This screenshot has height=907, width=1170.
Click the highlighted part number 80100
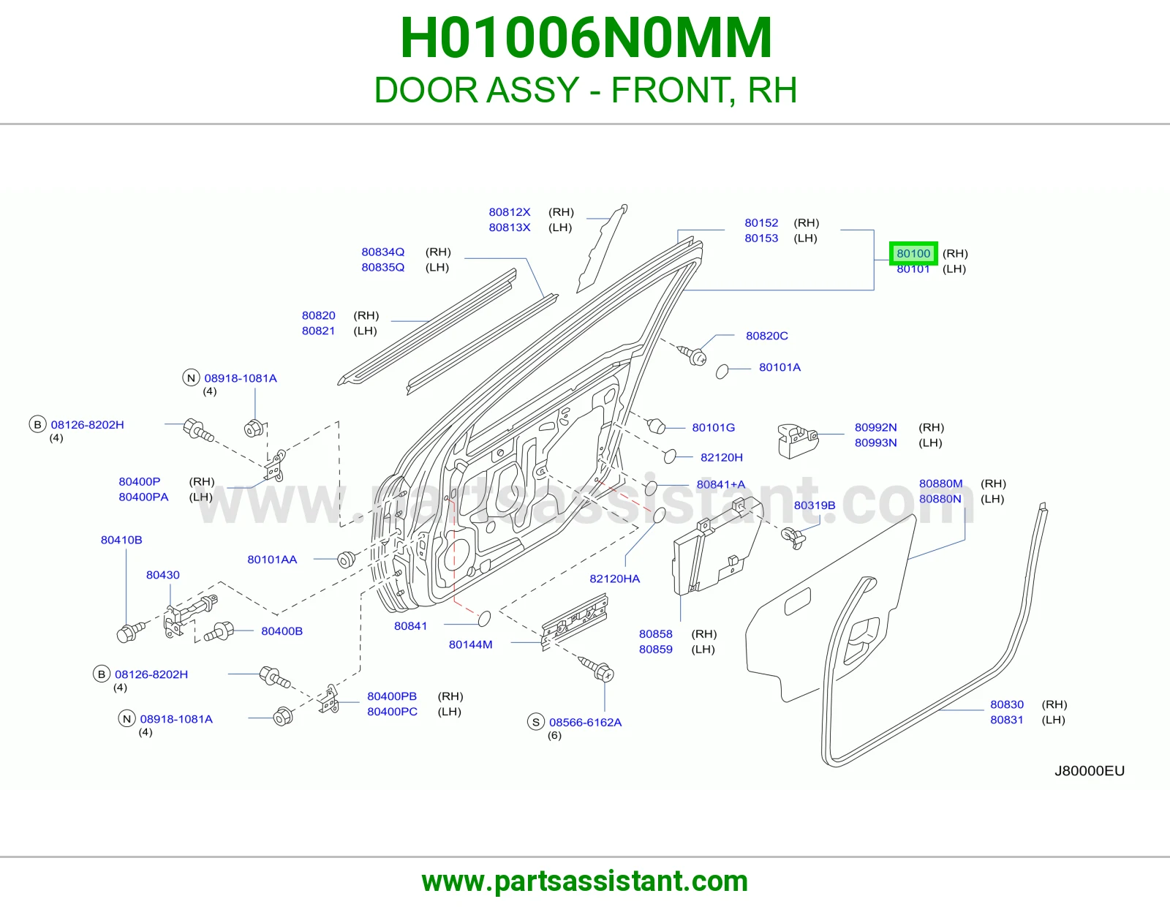913,253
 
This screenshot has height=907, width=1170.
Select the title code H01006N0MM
586,38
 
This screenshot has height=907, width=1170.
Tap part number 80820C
767,336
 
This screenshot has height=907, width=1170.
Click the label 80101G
714,427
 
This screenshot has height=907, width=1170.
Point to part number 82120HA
615,579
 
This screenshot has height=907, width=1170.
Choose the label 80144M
471,644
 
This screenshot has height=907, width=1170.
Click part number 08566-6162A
585,722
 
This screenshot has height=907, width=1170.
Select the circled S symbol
536,722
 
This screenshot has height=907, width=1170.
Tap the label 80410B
121,540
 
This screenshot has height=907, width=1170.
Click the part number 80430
162,575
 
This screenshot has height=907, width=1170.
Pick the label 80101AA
272,559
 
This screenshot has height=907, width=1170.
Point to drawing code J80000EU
1090,771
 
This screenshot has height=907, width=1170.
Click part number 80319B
815,505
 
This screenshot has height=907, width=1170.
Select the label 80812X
510,211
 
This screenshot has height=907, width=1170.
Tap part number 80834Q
383,252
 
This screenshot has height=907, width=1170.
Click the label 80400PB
392,696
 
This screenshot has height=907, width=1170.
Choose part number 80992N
875,427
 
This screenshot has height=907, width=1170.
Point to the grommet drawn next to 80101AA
346,559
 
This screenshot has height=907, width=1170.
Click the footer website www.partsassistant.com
585,881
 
